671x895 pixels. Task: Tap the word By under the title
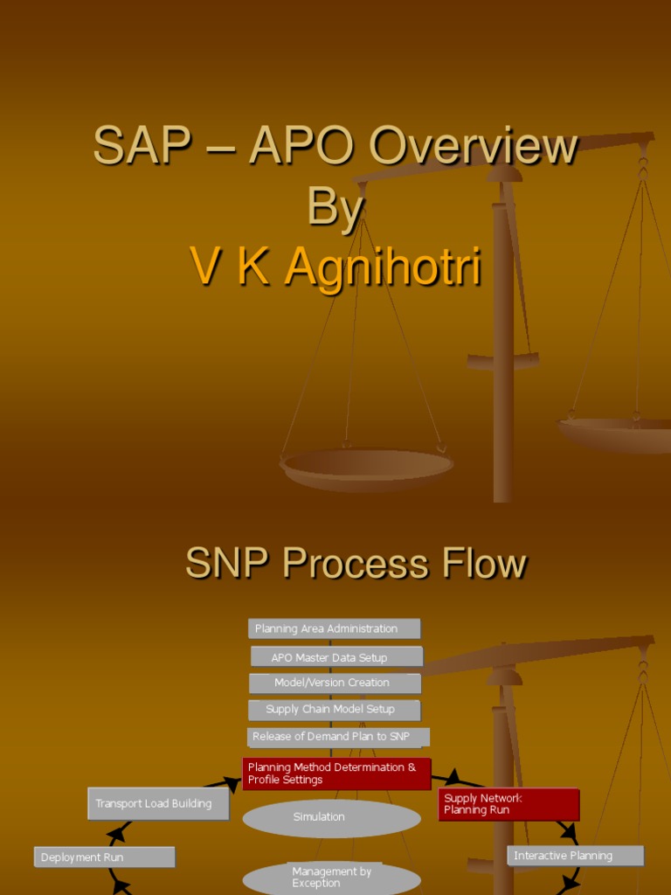[335, 207]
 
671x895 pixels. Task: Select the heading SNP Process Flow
[356, 564]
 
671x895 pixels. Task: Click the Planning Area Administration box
[334, 628]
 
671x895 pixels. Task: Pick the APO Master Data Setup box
[336, 657]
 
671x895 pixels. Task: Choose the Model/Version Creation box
[335, 683]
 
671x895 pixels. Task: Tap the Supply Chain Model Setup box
[335, 710]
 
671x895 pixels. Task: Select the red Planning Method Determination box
[336, 774]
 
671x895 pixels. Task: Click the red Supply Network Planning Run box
[508, 804]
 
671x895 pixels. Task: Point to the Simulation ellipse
[331, 818]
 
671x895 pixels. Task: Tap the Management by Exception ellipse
[331, 878]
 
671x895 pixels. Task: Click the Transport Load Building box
[158, 804]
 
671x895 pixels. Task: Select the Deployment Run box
[104, 857]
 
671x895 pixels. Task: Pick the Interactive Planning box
[575, 856]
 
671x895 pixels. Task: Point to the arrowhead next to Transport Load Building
[232, 784]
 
